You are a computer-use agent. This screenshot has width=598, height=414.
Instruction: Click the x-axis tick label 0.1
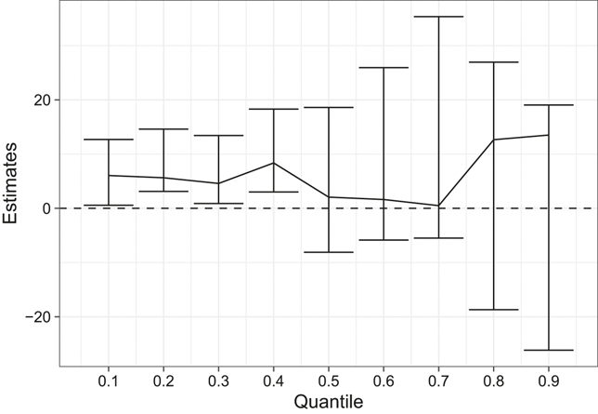click(x=109, y=381)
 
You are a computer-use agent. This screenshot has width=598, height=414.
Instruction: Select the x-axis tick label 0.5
click(x=329, y=381)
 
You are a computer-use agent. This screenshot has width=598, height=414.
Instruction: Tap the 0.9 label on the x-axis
click(x=549, y=381)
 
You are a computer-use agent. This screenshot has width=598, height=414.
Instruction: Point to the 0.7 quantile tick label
click(x=438, y=381)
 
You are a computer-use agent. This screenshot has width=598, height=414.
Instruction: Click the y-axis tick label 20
click(x=42, y=100)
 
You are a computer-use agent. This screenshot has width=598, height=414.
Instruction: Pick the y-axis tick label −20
click(x=38, y=317)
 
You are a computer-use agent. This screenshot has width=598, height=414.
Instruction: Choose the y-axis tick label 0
click(x=47, y=208)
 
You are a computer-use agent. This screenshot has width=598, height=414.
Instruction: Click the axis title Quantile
click(x=329, y=402)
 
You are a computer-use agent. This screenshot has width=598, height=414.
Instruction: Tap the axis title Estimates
click(x=10, y=183)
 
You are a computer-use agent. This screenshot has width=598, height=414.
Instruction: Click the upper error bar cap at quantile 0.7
click(x=438, y=17)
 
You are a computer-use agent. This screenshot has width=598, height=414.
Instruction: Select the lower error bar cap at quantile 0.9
click(x=549, y=350)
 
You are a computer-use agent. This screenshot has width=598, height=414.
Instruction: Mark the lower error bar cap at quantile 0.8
click(x=493, y=310)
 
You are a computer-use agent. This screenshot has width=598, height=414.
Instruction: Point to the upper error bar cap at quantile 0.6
click(x=383, y=67)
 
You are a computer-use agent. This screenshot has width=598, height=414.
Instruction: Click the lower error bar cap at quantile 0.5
click(x=329, y=252)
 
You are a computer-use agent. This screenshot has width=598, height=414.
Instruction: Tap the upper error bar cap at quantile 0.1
click(x=109, y=140)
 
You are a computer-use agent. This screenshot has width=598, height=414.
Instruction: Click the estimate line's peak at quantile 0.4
click(x=273, y=163)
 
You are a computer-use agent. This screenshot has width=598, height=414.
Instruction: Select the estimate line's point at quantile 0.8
click(x=493, y=140)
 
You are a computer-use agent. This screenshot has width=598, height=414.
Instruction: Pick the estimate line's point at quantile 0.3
click(x=218, y=183)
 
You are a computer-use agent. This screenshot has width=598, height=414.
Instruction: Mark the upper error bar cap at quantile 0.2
click(x=163, y=128)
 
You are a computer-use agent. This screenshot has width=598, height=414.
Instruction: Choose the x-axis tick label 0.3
click(x=218, y=381)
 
